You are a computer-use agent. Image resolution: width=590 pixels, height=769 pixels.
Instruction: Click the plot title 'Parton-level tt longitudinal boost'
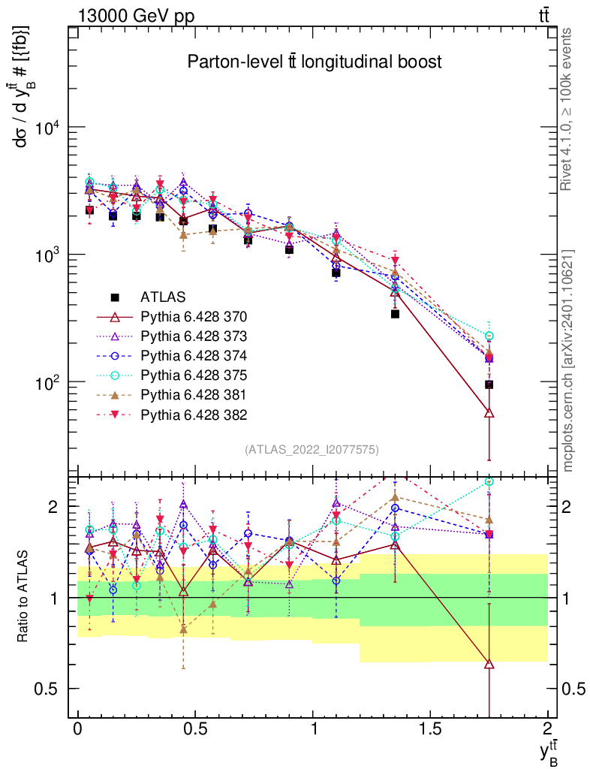point(315,62)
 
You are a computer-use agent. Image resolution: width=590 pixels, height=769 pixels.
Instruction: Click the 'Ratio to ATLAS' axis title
point(24,596)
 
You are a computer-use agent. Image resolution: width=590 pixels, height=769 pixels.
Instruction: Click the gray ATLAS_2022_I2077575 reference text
point(311,450)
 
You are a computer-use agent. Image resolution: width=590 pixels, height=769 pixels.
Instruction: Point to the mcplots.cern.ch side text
point(568,360)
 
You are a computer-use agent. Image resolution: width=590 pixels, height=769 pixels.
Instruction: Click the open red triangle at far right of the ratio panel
point(489,664)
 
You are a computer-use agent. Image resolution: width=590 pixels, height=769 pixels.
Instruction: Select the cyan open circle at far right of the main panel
point(489,336)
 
